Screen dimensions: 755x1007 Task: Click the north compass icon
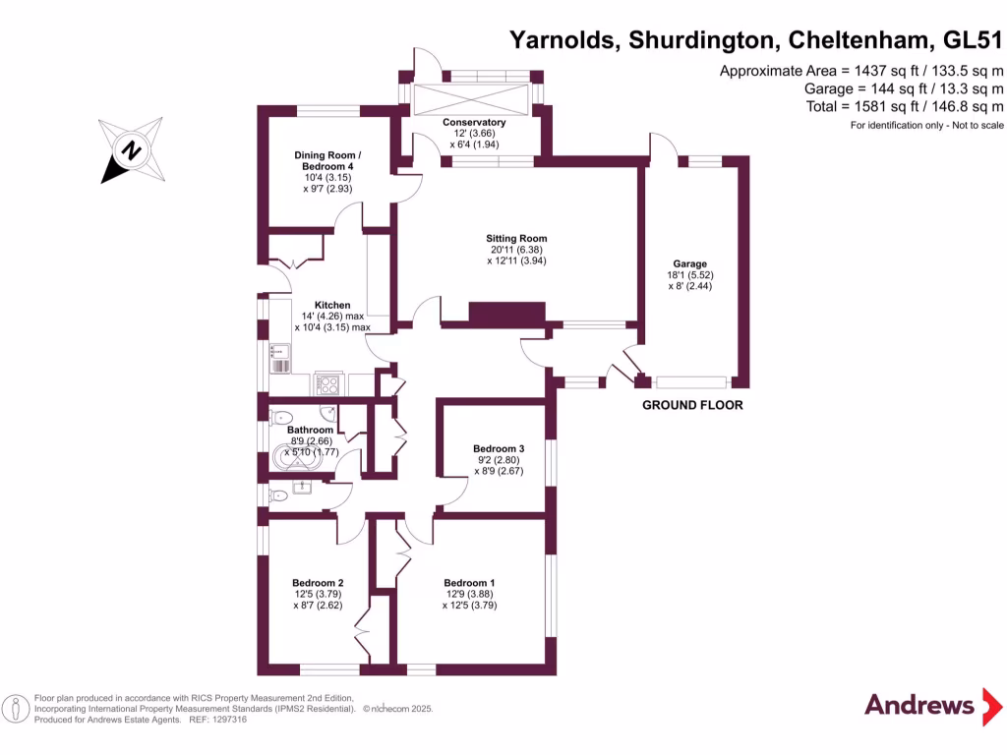pos(131,150)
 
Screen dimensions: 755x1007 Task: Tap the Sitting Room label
pos(516,239)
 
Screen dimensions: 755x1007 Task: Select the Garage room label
pos(689,263)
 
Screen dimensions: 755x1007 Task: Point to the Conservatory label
pos(473,122)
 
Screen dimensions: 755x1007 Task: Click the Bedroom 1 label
pos(469,583)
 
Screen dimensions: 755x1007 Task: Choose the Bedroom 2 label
pos(318,583)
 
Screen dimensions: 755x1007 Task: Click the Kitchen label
pos(332,305)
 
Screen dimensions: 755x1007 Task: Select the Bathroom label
pos(311,430)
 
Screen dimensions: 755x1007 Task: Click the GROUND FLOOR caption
pos(692,405)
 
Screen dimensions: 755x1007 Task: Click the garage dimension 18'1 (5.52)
pos(689,275)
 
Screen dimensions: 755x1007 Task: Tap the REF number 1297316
pos(229,720)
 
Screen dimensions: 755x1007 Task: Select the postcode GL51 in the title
pos(974,40)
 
